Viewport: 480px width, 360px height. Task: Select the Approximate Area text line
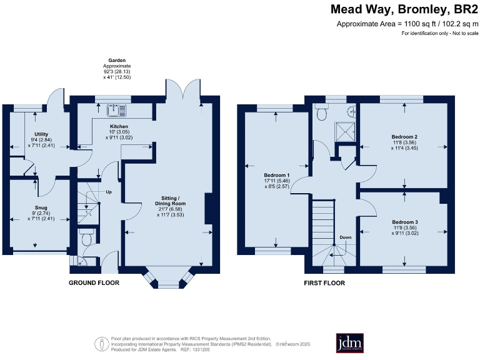tap(407, 24)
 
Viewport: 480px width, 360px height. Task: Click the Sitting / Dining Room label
tap(171, 207)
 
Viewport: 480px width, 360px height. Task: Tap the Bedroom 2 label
tap(404, 141)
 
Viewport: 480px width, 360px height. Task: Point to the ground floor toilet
tap(86, 237)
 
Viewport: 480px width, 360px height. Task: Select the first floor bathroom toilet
tap(322, 113)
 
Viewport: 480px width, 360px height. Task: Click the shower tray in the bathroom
tap(344, 131)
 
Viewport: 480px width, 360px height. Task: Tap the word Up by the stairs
tap(108, 192)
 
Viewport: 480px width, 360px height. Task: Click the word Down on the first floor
tap(346, 238)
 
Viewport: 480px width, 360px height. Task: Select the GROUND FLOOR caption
tap(94, 283)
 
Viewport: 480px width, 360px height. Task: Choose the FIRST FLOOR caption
tap(324, 283)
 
